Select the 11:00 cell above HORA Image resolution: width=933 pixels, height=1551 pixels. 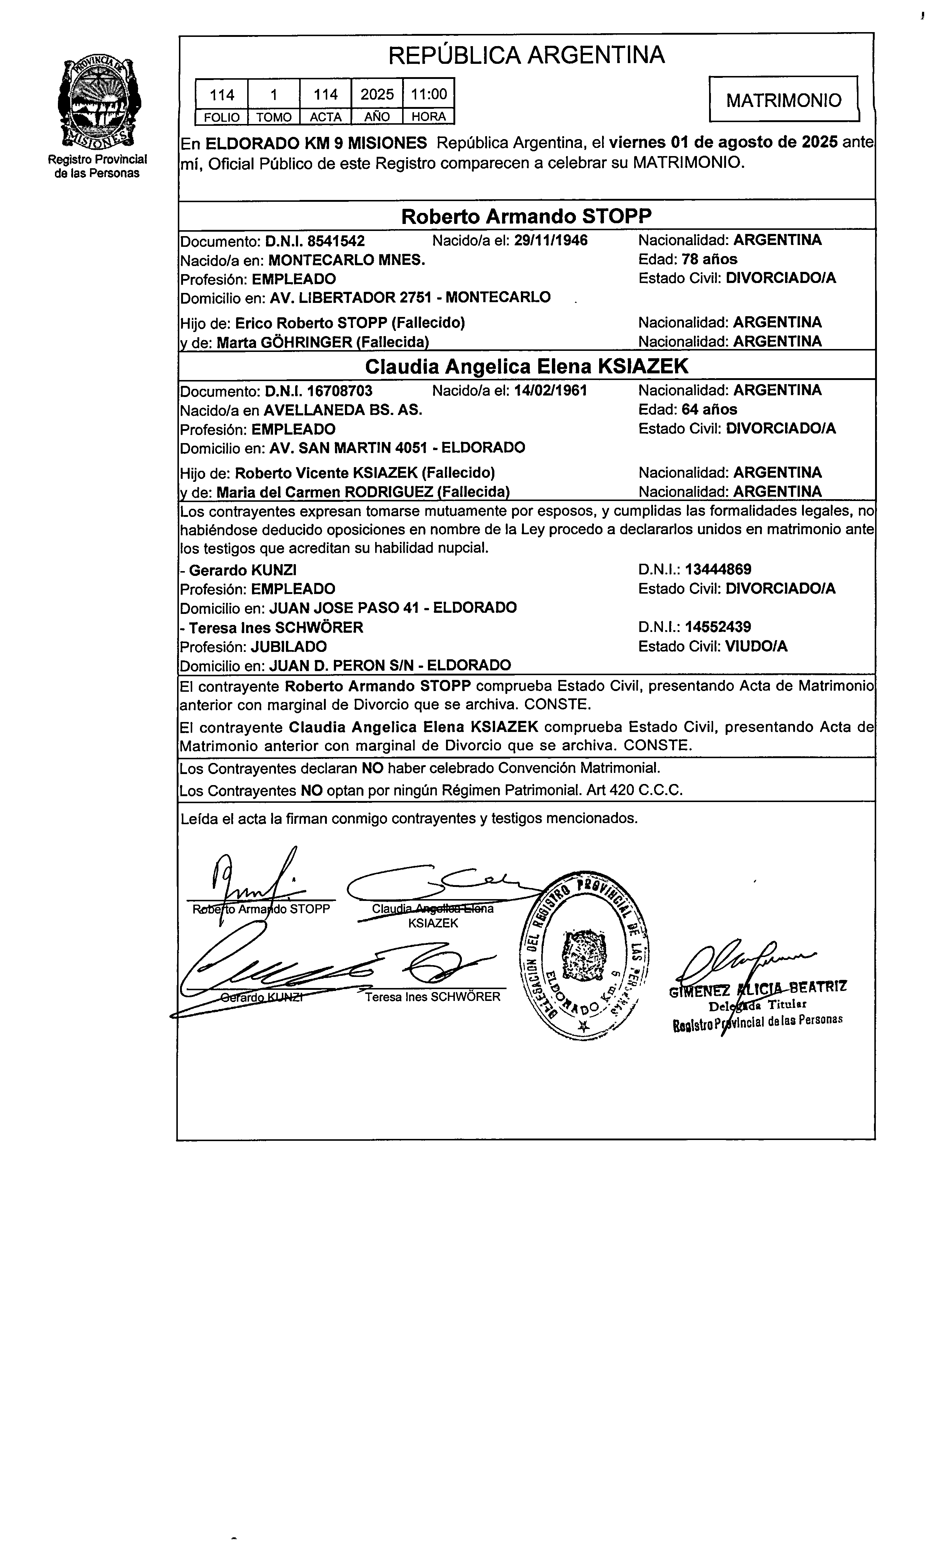429,94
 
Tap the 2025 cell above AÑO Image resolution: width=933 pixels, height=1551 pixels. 377,94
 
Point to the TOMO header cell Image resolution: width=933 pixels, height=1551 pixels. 274,117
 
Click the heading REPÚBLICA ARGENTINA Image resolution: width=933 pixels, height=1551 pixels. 526,55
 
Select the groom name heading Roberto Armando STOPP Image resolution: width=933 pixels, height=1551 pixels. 526,216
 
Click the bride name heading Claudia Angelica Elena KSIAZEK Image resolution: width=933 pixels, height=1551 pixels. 526,366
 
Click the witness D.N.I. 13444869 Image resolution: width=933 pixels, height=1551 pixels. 718,570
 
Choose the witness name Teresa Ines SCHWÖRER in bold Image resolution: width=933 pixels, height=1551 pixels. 276,628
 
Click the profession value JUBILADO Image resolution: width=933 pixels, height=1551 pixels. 288,646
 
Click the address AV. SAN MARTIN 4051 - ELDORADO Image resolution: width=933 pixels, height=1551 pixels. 397,448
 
